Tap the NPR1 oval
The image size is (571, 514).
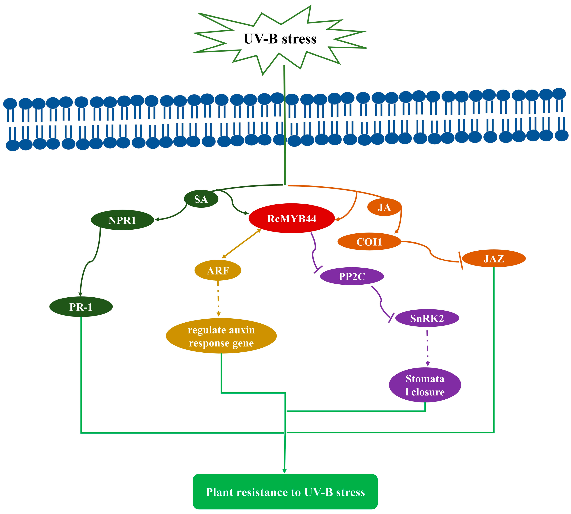coord(122,220)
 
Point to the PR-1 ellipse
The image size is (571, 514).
coord(81,307)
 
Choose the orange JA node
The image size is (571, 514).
coord(384,207)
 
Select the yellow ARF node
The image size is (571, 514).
coord(218,270)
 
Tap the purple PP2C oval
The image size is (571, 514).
coord(352,276)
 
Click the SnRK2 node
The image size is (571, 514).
coord(427,318)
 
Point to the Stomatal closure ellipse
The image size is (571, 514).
coord(425,385)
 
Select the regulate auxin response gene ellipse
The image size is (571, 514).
coord(221,336)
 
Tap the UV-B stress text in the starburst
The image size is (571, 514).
coord(280,39)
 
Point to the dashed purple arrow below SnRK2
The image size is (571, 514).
coord(427,348)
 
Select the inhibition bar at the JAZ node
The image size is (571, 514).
coord(460,260)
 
